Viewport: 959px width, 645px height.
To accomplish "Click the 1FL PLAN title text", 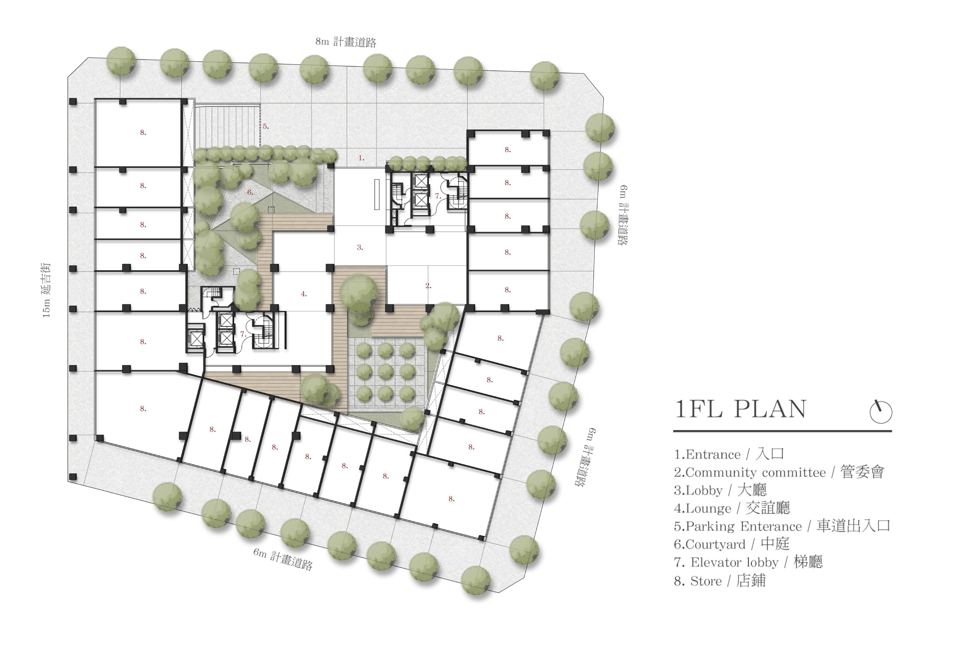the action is tap(740, 409).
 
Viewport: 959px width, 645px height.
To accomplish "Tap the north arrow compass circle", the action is tap(881, 412).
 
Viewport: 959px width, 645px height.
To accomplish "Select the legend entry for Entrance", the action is tap(729, 454).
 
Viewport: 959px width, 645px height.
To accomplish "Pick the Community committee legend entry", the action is tap(779, 472).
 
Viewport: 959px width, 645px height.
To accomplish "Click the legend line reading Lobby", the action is tap(720, 490).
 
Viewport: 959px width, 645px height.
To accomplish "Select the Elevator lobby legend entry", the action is tap(748, 562).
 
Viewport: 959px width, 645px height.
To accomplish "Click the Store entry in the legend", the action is tap(719, 581).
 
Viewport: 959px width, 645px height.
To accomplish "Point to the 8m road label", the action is tap(345, 42).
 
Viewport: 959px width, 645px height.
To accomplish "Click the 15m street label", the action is tap(46, 290).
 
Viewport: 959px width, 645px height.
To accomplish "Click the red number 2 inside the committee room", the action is tap(428, 285).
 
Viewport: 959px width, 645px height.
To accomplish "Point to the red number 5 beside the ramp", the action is tap(266, 127).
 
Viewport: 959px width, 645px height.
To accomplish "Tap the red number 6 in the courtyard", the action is tap(250, 192).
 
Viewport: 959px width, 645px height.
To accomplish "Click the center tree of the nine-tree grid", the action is tap(386, 372).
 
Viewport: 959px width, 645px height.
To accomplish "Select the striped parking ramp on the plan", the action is tap(228, 126).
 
